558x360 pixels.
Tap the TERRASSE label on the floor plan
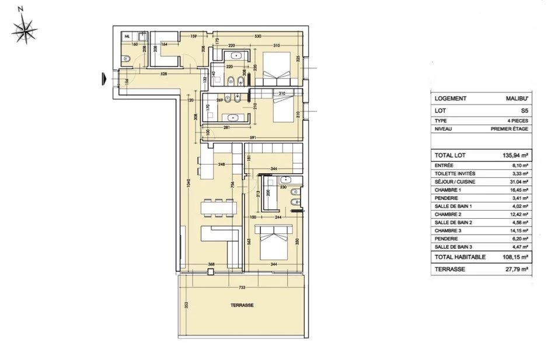[x=240, y=305]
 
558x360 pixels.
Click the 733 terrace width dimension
[x=240, y=288]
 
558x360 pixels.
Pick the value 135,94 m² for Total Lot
[x=516, y=156]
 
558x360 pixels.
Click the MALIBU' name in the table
[x=517, y=99]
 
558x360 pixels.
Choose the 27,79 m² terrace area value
[x=516, y=269]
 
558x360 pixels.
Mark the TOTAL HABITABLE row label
[x=460, y=257]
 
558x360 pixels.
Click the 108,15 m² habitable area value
[x=515, y=257]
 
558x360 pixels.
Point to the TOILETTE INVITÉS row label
[x=455, y=173]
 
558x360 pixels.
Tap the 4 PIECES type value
[x=519, y=121]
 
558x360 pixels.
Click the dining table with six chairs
[x=219, y=208]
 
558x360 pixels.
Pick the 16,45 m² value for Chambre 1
[x=518, y=190]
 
